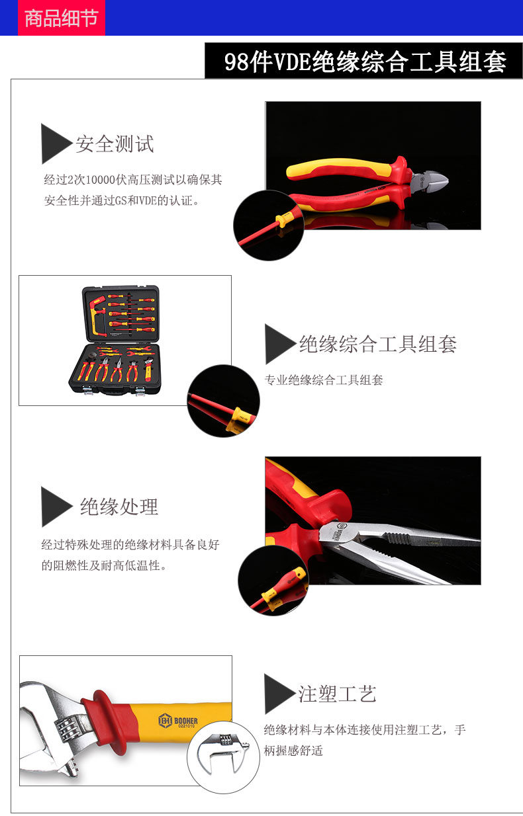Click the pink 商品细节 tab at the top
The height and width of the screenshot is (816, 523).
(x=62, y=18)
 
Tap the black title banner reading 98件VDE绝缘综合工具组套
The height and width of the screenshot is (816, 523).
(x=363, y=60)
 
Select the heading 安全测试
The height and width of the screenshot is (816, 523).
(x=115, y=143)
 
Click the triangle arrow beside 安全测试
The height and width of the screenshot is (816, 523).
(x=56, y=143)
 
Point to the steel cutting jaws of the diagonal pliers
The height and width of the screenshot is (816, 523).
(x=430, y=181)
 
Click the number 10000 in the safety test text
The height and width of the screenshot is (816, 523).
(x=101, y=180)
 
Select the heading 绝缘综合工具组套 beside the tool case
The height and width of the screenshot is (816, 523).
(x=378, y=344)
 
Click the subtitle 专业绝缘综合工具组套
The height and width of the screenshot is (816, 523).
(x=324, y=380)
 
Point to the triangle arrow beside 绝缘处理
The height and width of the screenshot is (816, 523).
(x=56, y=507)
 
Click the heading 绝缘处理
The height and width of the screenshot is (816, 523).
(x=119, y=507)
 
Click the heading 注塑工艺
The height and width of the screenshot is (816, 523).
(x=337, y=694)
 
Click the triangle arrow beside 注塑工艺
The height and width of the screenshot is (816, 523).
(x=279, y=694)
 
